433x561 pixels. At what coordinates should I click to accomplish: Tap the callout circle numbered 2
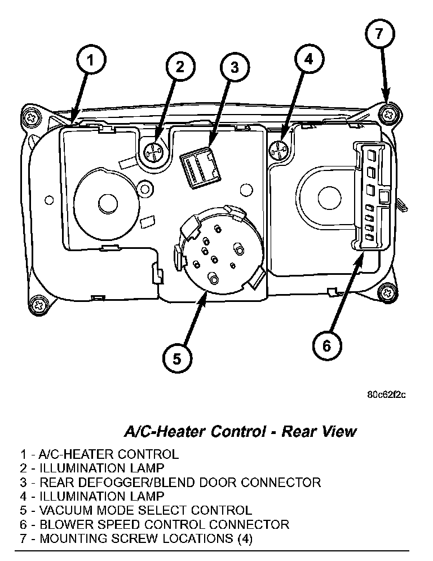click(x=179, y=67)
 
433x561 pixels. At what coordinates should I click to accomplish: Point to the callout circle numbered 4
click(x=307, y=59)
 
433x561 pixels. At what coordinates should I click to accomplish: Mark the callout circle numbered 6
click(x=328, y=345)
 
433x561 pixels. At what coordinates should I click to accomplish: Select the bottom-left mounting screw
click(x=39, y=305)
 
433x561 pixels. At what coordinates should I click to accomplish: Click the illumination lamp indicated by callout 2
click(x=154, y=151)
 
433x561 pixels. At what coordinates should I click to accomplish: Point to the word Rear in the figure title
click(x=301, y=432)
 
